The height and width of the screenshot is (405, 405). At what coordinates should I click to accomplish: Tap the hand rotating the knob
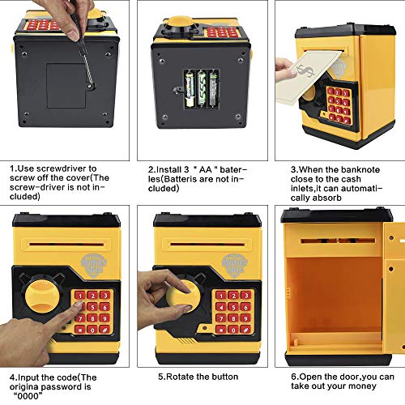pos(158,292)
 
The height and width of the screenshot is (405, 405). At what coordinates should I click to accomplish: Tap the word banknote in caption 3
pos(356,168)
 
